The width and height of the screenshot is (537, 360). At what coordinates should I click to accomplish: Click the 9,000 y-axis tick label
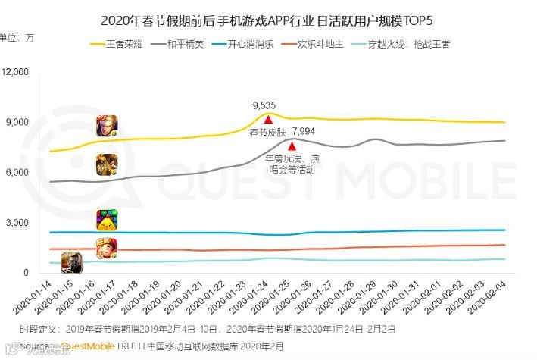point(17,122)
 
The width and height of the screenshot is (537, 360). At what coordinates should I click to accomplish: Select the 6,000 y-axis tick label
point(17,172)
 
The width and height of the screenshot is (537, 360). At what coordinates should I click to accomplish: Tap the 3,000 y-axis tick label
point(17,223)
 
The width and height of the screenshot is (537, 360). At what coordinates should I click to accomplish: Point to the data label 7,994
point(303,133)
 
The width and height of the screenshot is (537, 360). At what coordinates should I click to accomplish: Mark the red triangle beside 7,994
point(292,145)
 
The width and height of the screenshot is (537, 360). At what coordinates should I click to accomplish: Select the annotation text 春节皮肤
point(265,133)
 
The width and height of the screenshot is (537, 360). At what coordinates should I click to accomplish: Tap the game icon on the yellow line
point(106,126)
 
